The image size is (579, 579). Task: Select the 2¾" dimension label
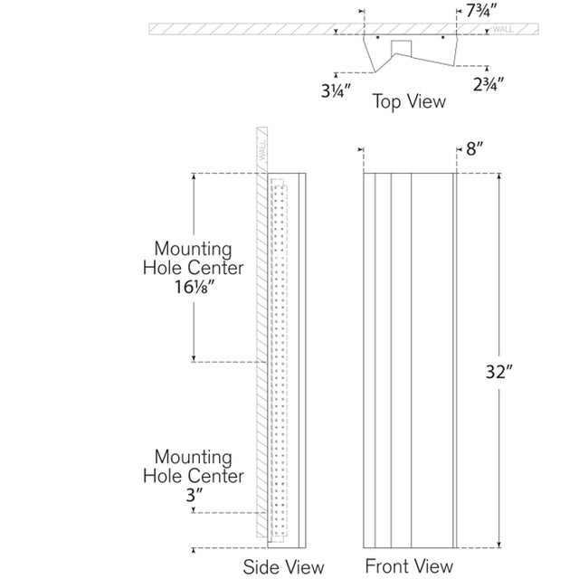coord(489,84)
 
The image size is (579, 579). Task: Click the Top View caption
coord(410,100)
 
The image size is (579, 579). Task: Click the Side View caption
coord(283,567)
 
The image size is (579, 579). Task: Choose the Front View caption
coord(408,566)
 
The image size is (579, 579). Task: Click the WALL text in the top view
coord(504,31)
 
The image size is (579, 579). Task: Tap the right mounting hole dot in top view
coord(441,39)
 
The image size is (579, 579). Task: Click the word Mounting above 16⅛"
coord(193,248)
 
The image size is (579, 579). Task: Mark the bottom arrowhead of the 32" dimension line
coord(498,546)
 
